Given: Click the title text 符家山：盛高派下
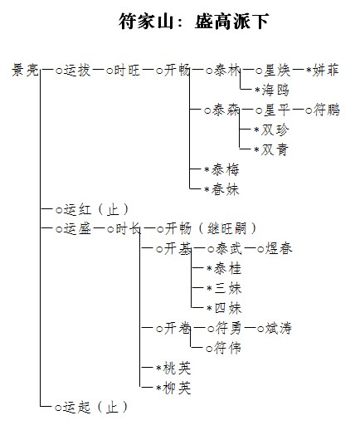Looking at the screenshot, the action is click(194, 22).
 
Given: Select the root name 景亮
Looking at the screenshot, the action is click(25, 70).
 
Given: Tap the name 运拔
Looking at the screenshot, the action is click(77, 70).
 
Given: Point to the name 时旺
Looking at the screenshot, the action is click(127, 70).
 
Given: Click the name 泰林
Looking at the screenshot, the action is click(226, 70).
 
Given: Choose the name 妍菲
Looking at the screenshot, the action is click(325, 70).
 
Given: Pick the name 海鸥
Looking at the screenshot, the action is click(275, 90).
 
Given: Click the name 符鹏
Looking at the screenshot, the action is click(327, 110).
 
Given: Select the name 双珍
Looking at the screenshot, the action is click(275, 130).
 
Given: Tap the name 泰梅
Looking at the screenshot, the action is click(225, 169).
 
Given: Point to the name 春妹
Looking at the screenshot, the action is click(225, 189).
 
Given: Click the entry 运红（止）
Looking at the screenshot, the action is click(96, 209).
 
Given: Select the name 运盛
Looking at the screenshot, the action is click(78, 229).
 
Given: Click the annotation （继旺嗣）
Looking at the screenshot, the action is click(227, 229).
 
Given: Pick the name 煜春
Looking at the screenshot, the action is click(279, 248).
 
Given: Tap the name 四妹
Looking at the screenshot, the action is click(228, 308).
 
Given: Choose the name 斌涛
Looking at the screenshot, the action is click(279, 328).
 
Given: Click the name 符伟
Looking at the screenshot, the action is click(227, 348).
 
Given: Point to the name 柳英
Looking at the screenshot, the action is click(177, 388).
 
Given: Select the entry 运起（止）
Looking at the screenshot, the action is click(95, 408).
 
